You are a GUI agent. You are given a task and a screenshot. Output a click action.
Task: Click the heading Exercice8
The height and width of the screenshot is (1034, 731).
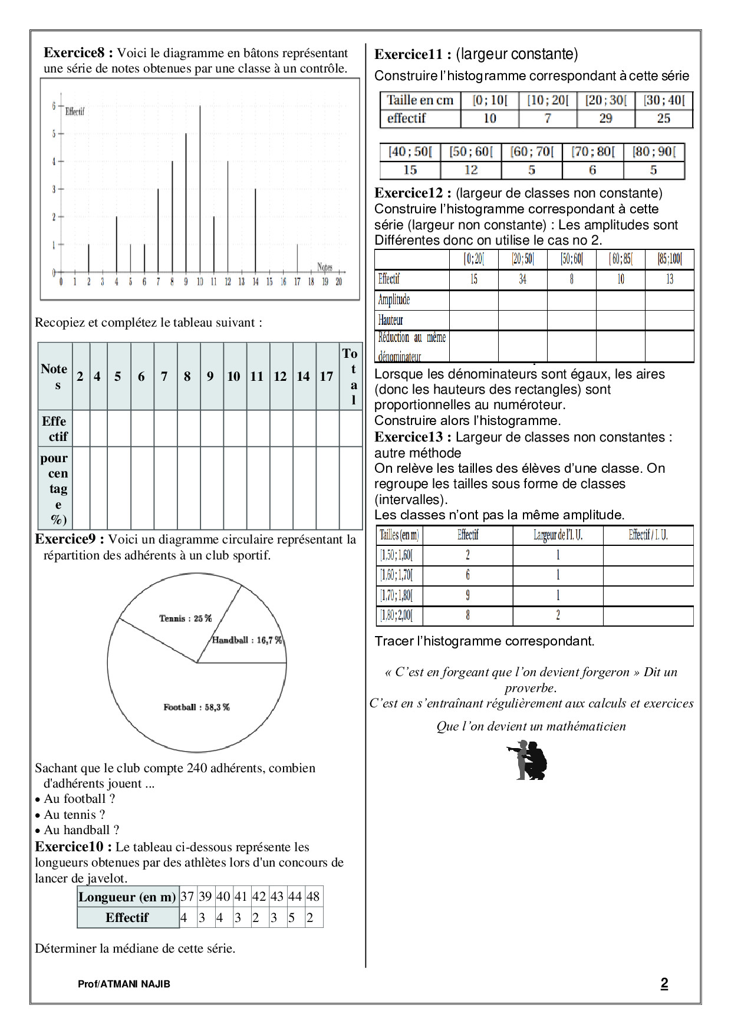click(x=78, y=53)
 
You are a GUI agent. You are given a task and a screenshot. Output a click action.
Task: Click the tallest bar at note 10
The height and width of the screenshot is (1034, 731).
click(x=200, y=189)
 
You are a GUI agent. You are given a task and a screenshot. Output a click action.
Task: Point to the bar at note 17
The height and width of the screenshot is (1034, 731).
click(x=297, y=258)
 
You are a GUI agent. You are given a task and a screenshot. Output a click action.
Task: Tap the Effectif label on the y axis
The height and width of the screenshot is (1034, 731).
click(x=75, y=111)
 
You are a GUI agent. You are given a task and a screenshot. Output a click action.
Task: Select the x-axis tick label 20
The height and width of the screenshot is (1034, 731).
click(x=339, y=282)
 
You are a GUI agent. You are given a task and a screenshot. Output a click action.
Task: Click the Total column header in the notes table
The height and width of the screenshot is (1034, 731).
click(x=351, y=376)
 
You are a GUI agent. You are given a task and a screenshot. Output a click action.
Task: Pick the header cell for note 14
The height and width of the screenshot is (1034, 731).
click(x=303, y=377)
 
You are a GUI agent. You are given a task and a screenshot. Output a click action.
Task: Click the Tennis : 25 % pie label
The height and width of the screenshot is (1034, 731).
click(x=185, y=618)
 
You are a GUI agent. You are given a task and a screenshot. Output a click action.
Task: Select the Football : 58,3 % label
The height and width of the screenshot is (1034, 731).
click(x=196, y=707)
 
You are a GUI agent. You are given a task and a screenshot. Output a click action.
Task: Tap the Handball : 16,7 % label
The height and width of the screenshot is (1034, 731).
click(x=247, y=640)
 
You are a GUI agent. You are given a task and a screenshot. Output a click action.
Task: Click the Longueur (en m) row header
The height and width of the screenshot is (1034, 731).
click(x=127, y=897)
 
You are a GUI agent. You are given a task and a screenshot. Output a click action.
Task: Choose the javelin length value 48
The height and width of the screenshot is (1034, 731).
click(x=313, y=897)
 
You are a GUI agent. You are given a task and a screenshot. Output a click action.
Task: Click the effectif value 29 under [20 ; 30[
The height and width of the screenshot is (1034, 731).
click(x=605, y=118)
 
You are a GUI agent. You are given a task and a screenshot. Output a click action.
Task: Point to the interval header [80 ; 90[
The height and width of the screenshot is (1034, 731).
click(x=654, y=152)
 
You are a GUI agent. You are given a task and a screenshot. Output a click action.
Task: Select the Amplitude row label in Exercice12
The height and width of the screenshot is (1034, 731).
click(x=394, y=299)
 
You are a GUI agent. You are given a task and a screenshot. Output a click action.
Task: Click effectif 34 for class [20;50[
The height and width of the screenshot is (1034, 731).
click(x=522, y=279)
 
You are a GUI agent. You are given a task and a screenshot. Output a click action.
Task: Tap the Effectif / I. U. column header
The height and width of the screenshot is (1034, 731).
click(x=648, y=535)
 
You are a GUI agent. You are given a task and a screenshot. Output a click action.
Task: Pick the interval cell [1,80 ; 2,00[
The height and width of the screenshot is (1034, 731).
click(x=396, y=616)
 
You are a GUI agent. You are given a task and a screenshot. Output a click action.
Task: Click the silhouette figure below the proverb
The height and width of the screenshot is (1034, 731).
click(x=528, y=761)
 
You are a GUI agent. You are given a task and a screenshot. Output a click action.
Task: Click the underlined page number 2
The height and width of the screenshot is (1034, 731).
click(x=664, y=983)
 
